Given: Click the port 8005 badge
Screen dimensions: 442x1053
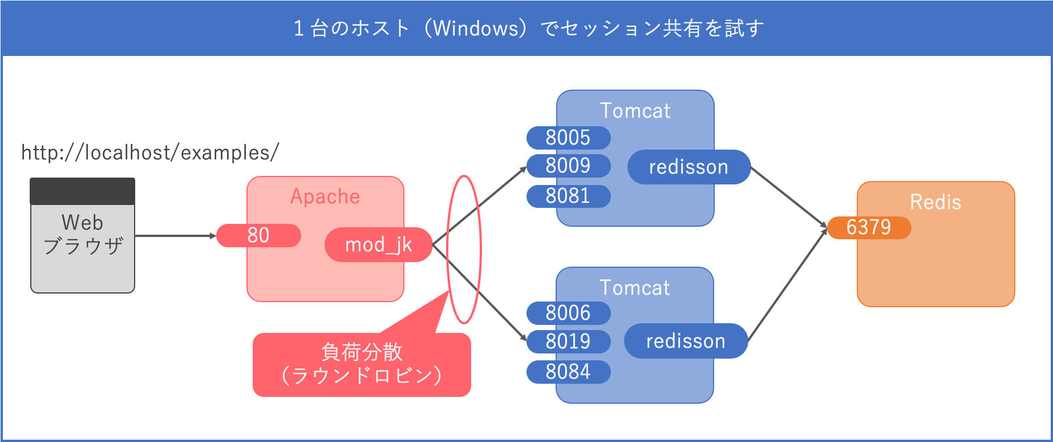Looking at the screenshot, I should pyautogui.click(x=568, y=138).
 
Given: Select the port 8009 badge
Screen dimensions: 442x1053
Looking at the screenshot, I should pyautogui.click(x=568, y=166).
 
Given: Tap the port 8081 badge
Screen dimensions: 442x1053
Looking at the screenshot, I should pyautogui.click(x=568, y=196).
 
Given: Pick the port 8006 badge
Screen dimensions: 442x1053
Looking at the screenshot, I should pyautogui.click(x=568, y=313).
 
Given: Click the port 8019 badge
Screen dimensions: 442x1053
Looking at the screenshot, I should pyautogui.click(x=568, y=341).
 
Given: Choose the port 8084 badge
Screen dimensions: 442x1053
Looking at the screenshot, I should pyautogui.click(x=568, y=372).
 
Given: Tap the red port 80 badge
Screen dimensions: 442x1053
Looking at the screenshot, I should pyautogui.click(x=259, y=235).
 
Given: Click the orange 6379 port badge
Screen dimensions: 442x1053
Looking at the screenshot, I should pyautogui.click(x=869, y=227).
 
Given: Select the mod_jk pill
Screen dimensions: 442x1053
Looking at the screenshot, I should pyautogui.click(x=378, y=245).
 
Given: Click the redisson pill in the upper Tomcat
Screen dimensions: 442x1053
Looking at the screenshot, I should pyautogui.click(x=688, y=167).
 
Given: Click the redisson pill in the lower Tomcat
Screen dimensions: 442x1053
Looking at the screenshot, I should pyautogui.click(x=686, y=341).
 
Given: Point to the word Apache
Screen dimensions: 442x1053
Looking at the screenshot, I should pyautogui.click(x=325, y=196).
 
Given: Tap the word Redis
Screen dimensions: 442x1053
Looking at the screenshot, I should pyautogui.click(x=935, y=202).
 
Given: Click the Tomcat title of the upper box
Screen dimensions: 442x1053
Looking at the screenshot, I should pyautogui.click(x=635, y=111).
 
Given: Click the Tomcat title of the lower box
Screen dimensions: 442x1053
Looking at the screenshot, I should pyautogui.click(x=634, y=288).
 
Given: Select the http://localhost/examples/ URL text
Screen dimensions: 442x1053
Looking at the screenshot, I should pyautogui.click(x=150, y=152).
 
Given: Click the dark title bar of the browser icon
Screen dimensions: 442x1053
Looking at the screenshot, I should pyautogui.click(x=83, y=191).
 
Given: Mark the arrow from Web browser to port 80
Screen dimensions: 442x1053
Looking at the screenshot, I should pyautogui.click(x=174, y=235).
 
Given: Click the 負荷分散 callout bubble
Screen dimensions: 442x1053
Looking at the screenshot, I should pyautogui.click(x=362, y=364).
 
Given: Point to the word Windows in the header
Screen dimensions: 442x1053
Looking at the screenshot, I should pyautogui.click(x=475, y=28).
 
